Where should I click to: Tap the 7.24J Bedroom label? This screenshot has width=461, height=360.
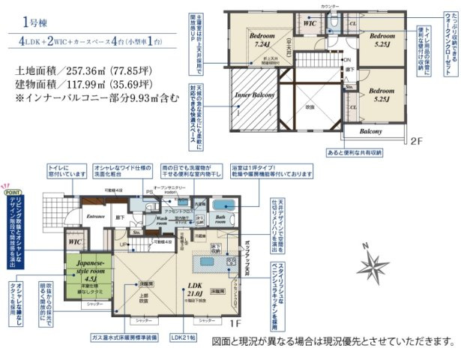[x=262, y=40]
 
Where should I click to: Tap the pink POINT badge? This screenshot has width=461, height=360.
[x=12, y=192]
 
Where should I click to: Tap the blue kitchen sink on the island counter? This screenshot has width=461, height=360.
[x=204, y=262]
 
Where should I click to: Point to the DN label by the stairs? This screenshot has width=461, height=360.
[x=346, y=59]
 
